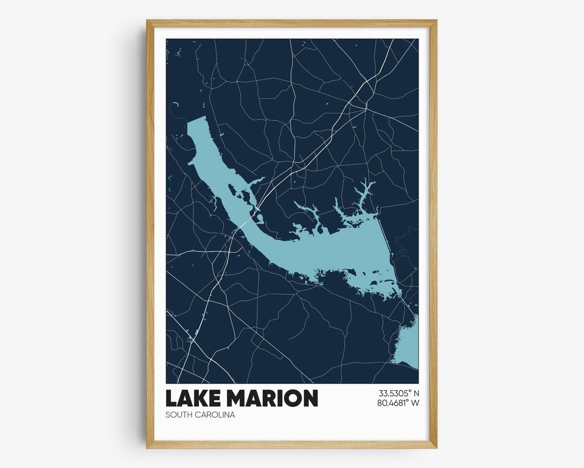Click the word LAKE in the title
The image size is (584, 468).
[193, 398]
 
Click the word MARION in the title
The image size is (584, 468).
[271, 398]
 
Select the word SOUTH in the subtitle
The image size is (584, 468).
[180, 415]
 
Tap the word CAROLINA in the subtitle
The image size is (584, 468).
[216, 415]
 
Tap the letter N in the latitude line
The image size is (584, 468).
[416, 393]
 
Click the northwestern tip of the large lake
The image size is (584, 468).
[196, 121]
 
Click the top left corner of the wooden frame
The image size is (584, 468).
[147, 21]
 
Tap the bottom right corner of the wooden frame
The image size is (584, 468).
[436, 447]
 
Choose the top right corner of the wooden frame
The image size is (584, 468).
[436, 21]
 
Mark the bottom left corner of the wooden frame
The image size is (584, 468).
[147, 447]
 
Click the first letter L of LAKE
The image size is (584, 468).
[172, 398]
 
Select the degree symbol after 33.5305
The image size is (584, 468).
[408, 390]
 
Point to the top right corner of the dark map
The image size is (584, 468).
[417, 39]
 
